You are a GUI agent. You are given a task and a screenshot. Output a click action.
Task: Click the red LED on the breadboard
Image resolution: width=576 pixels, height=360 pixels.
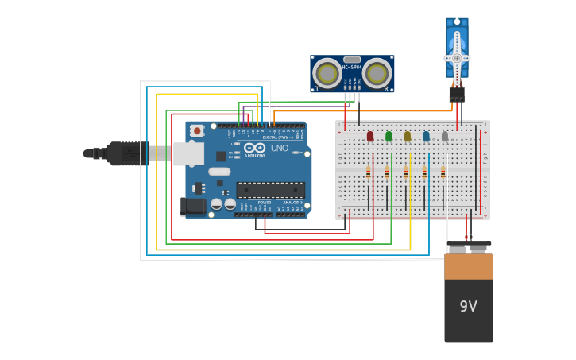[370, 137]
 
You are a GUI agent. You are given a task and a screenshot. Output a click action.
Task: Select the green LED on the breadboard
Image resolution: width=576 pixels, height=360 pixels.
[389, 137]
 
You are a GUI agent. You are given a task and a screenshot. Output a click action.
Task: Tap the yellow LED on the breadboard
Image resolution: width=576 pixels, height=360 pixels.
[408, 137]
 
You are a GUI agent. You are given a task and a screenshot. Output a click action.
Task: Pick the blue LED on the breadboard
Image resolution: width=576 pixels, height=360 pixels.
[426, 137]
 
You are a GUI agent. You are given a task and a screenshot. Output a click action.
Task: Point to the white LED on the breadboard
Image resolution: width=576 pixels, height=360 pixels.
[445, 137]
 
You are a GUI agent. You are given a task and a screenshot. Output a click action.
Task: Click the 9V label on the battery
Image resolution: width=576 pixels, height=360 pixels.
[468, 306]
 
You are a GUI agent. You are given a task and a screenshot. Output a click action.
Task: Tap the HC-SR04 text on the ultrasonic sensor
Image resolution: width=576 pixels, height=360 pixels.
[352, 68]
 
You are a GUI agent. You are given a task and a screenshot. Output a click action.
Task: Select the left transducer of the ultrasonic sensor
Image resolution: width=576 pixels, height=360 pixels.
[327, 74]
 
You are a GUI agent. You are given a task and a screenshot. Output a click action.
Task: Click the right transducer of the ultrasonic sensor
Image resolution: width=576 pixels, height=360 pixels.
[377, 74]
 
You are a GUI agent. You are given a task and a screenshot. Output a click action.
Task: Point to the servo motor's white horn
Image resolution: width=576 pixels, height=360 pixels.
[457, 57]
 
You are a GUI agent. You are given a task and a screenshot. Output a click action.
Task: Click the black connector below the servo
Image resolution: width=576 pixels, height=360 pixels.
[457, 95]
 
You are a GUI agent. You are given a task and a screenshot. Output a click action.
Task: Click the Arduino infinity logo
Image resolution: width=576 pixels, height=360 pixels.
[254, 148]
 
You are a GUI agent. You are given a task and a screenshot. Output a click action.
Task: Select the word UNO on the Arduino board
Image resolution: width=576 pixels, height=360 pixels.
[280, 148]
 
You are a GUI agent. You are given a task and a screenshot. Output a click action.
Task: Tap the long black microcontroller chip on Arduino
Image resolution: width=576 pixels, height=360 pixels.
[270, 190]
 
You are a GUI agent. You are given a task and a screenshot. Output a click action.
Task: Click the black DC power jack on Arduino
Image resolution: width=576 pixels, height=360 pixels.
[192, 207]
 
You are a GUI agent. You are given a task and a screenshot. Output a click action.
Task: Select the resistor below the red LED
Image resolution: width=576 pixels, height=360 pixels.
[369, 172]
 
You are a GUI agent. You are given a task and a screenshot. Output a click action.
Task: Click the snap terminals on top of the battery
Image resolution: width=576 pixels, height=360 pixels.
[468, 247]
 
